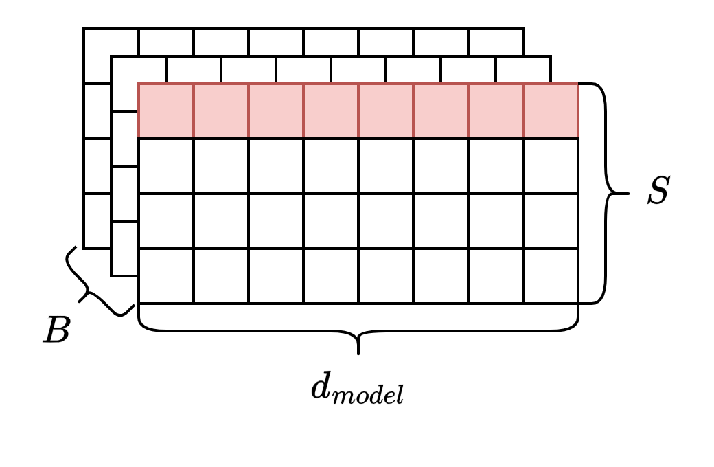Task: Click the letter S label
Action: pyautogui.click(x=658, y=192)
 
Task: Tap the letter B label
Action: pyautogui.click(x=56, y=331)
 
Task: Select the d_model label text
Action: pyautogui.click(x=358, y=390)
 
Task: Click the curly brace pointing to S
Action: pyautogui.click(x=607, y=193)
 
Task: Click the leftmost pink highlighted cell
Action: pyautogui.click(x=166, y=111)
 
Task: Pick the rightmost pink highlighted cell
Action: pyautogui.click(x=551, y=111)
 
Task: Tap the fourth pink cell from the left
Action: pyautogui.click(x=331, y=111)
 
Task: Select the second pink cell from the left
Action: pyautogui.click(x=221, y=111)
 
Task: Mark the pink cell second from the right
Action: pyautogui.click(x=496, y=111)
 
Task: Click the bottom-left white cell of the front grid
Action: pyautogui.click(x=166, y=275)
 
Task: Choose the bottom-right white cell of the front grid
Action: pyautogui.click(x=551, y=275)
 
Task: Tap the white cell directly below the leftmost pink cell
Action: pyautogui.click(x=166, y=166)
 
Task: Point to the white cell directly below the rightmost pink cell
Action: pyautogui.click(x=551, y=166)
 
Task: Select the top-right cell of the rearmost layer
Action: pyautogui.click(x=496, y=42)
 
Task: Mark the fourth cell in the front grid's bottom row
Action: pyautogui.click(x=331, y=275)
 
